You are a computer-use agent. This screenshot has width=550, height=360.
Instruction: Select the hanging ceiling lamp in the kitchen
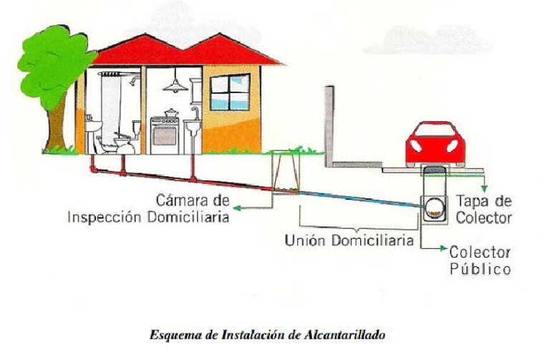click(x=174, y=87)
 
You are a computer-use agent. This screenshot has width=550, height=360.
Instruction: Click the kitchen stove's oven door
click(x=165, y=133)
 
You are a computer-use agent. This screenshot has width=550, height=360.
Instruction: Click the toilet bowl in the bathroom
click(x=122, y=142)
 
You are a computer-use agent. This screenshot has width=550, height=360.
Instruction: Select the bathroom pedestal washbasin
click(x=94, y=132)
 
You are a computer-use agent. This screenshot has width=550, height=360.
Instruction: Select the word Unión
click(x=304, y=240)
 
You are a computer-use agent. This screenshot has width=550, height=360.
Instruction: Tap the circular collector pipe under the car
click(x=435, y=208)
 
